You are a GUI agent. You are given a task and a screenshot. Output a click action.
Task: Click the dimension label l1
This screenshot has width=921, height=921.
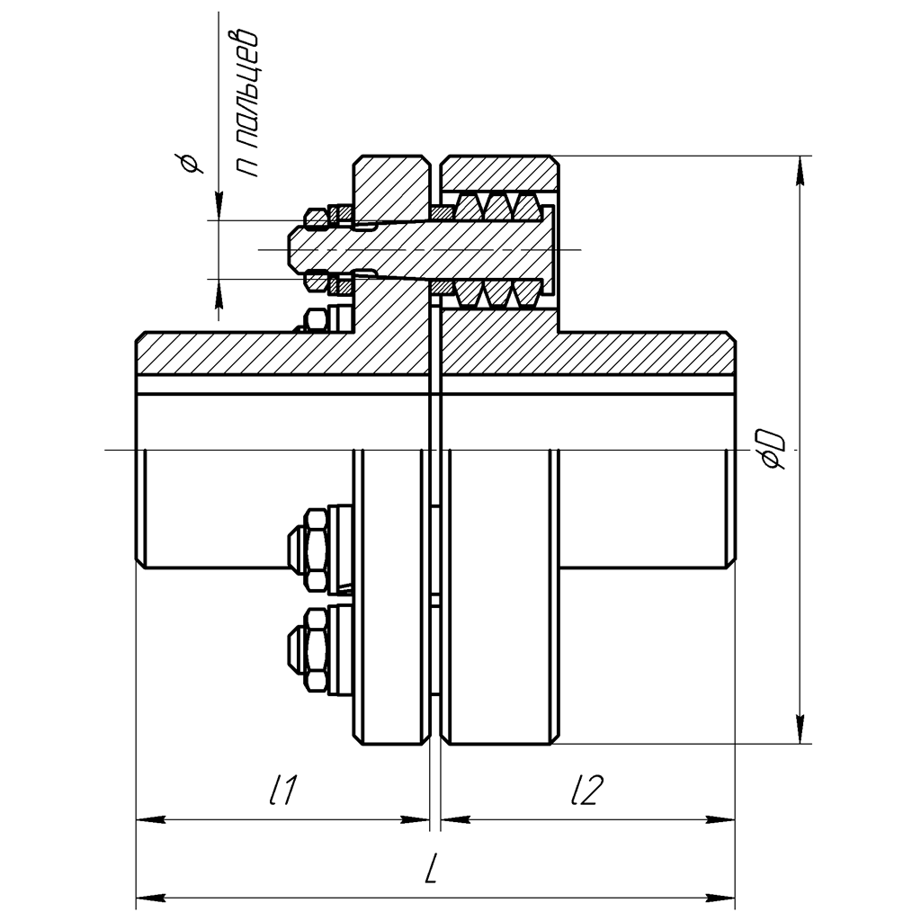pos(283,791)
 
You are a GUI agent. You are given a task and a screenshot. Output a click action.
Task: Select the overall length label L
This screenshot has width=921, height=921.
pos(433,869)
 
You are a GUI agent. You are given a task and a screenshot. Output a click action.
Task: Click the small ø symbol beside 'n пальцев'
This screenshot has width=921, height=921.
pos(190,163)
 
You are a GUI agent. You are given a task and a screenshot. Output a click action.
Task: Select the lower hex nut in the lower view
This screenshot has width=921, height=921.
pos(315,649)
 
